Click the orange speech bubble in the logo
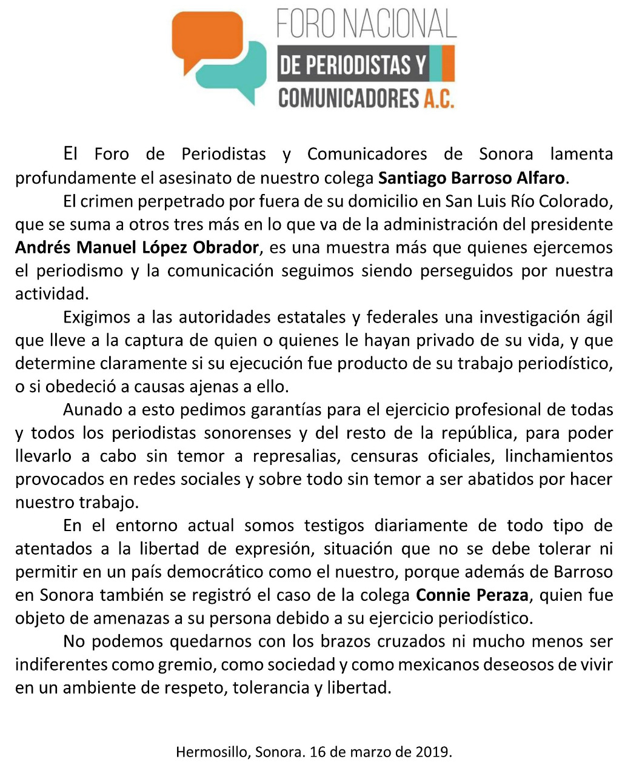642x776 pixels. (x=206, y=39)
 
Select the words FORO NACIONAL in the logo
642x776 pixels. (x=366, y=24)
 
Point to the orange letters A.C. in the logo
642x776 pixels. (x=439, y=98)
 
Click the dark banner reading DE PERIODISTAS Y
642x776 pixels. (x=353, y=65)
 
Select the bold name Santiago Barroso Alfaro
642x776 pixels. (x=472, y=178)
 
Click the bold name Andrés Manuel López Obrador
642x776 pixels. (x=137, y=247)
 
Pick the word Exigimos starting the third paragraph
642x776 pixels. (x=97, y=317)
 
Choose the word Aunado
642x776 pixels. (x=93, y=410)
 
